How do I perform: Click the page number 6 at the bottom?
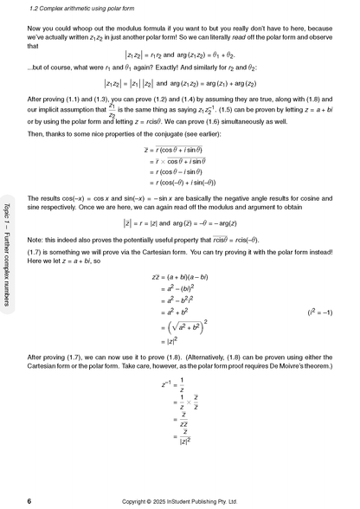tap(29, 500)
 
